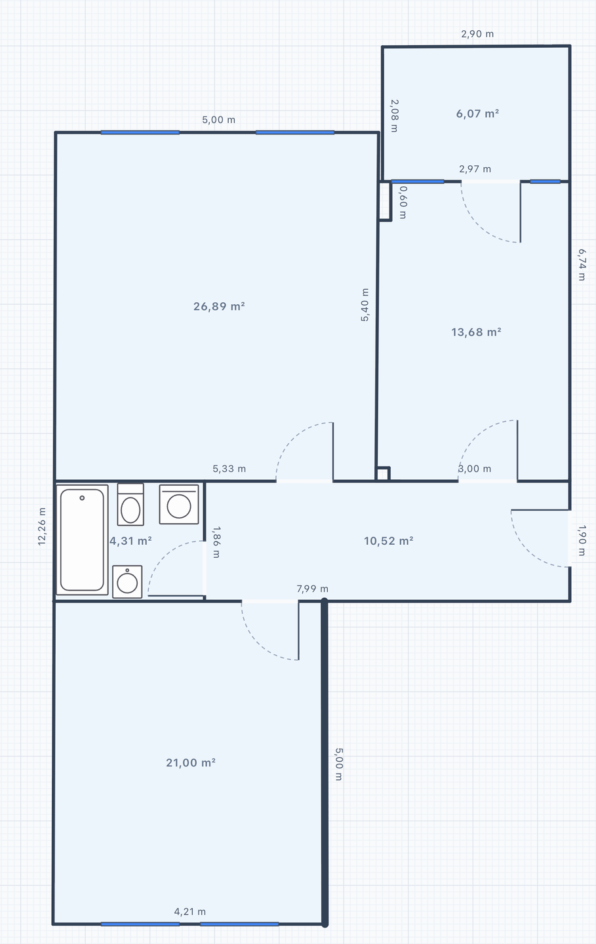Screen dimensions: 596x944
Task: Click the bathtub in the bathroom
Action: [82, 540]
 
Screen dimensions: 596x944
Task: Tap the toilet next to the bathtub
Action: [130, 505]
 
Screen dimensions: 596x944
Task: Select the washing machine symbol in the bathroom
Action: [179, 505]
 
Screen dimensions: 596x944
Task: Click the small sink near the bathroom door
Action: [127, 582]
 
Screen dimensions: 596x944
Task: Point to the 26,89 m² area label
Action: [219, 306]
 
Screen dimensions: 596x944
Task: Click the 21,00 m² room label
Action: [191, 763]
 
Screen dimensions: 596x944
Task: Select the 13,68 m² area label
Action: [476, 332]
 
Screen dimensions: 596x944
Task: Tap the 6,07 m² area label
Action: [477, 113]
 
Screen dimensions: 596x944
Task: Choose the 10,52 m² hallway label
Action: [389, 541]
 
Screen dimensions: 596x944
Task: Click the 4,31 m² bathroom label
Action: [130, 541]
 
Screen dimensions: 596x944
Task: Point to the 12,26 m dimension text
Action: [42, 526]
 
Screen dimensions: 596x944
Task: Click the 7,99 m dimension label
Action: [312, 589]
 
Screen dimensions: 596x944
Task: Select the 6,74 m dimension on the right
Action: [582, 265]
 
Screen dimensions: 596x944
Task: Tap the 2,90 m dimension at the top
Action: [477, 33]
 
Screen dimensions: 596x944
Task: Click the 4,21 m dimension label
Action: [190, 911]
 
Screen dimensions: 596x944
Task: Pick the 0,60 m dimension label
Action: [403, 203]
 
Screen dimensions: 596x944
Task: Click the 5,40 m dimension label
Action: [365, 305]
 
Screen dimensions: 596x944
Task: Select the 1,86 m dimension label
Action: [216, 542]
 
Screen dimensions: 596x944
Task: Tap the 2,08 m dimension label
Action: [395, 116]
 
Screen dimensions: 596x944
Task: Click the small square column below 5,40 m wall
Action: [383, 474]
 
